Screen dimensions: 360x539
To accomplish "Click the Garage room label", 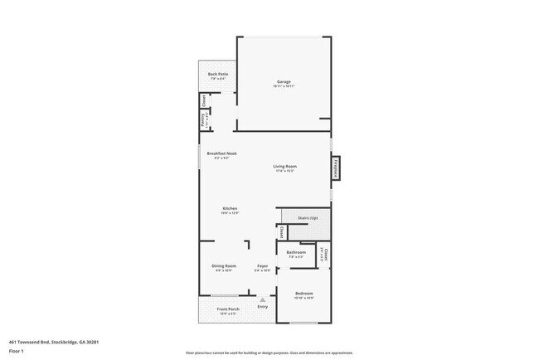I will (x=284, y=81).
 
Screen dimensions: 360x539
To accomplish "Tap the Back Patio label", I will (x=218, y=75).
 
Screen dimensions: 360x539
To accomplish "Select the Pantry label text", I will (x=202, y=119).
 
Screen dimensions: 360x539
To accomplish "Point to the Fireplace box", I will (x=337, y=168).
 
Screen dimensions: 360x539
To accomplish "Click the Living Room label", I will (x=285, y=167).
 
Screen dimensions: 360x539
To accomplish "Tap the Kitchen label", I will (x=230, y=207).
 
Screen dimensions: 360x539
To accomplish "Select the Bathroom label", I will (x=296, y=252).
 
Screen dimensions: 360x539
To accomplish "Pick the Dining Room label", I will (x=223, y=265).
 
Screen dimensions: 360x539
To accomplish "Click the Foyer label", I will (x=262, y=265).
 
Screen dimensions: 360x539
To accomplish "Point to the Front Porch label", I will (x=228, y=309).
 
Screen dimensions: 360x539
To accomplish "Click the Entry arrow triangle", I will (x=263, y=299).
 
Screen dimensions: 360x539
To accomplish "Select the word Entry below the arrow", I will (x=263, y=307).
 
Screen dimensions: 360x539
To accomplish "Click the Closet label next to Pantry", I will (x=203, y=101).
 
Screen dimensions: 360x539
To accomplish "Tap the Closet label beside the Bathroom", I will (x=326, y=253).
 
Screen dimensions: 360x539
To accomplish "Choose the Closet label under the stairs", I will (x=282, y=232).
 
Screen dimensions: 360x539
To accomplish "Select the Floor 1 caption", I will (x=16, y=350).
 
